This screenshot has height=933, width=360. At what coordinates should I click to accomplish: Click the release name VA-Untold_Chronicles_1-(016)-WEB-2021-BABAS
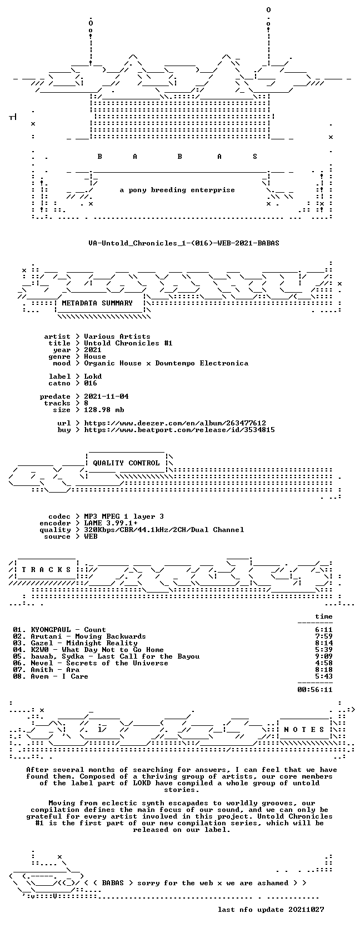point(184,243)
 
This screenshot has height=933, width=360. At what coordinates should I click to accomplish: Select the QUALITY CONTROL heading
point(126,463)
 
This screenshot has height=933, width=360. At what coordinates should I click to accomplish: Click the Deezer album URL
point(175,423)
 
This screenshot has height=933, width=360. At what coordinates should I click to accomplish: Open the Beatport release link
point(179,430)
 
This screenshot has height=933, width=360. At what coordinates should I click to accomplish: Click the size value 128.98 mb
point(104,410)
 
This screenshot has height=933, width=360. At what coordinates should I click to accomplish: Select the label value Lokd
point(93,377)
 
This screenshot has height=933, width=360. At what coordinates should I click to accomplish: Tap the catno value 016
point(91,383)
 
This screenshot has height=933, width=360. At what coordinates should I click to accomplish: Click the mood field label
point(62,363)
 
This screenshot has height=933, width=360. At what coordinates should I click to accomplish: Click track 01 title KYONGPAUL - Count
point(68,630)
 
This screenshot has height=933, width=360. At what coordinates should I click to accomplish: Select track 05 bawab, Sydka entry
point(115,656)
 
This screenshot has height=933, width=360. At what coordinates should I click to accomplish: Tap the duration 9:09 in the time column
point(324,656)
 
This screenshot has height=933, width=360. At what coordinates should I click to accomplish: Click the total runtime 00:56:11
point(315,690)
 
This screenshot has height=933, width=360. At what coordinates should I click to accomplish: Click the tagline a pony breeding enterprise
point(178,190)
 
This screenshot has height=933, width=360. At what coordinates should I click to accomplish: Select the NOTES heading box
point(304,730)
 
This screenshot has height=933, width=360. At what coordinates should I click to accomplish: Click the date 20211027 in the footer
point(306,910)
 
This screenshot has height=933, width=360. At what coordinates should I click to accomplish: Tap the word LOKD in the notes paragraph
point(142,783)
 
